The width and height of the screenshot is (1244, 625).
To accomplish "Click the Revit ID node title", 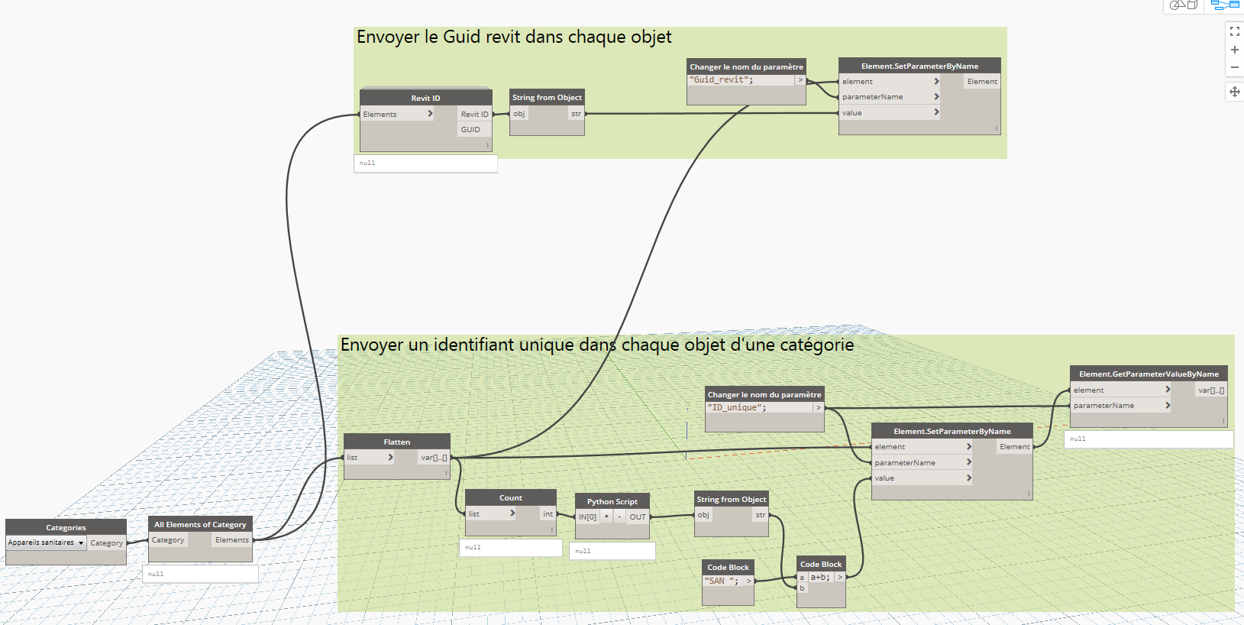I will click(x=425, y=98).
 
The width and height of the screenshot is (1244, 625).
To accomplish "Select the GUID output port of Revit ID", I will click(x=470, y=129).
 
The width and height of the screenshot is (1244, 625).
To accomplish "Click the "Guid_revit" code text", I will click(x=722, y=79).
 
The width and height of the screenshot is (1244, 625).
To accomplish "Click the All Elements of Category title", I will click(x=200, y=524).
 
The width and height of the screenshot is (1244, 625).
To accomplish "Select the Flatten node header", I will click(x=396, y=442).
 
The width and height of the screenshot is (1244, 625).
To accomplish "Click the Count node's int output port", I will click(x=548, y=513).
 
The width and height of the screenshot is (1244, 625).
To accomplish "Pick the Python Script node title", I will click(x=612, y=501).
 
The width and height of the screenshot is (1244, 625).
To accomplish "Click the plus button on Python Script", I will click(x=606, y=517).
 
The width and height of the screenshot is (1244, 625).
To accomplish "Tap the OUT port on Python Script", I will click(x=638, y=517).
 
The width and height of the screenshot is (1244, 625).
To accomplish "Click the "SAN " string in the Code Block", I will click(x=721, y=581).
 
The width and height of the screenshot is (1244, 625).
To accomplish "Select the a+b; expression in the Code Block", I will click(x=820, y=577).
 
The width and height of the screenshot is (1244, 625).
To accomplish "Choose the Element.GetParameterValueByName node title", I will click(x=1149, y=374).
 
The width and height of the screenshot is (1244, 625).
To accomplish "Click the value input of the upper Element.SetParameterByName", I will click(x=852, y=112).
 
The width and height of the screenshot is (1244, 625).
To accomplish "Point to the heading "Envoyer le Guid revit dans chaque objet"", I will click(x=514, y=37).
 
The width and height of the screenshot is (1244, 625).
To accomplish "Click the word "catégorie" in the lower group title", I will click(x=816, y=345).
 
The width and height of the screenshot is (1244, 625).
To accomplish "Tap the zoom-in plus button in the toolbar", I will click(x=1234, y=50).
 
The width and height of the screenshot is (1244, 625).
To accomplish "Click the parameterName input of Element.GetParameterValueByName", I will click(x=1103, y=406).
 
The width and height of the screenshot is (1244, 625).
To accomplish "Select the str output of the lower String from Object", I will click(x=760, y=515).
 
